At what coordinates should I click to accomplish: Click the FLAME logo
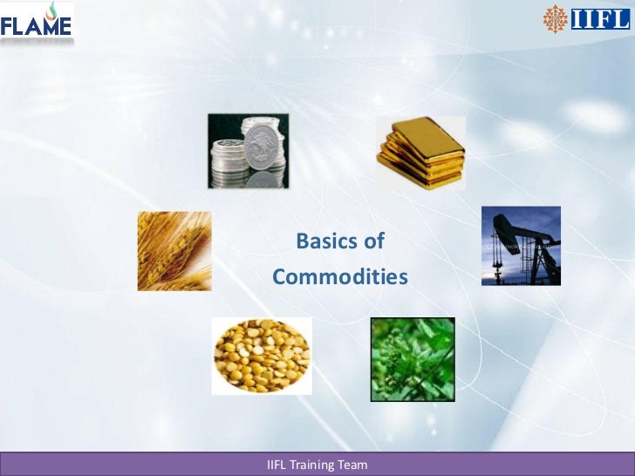37,24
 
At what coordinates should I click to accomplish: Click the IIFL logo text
600,18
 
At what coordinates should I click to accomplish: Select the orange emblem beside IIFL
556,18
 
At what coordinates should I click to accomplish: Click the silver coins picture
248,151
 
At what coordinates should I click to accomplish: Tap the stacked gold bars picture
420,153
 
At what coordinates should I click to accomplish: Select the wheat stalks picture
174,251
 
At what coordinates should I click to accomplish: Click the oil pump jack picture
521,246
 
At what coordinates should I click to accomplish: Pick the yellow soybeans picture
262,356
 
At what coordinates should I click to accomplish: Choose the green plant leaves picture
413,358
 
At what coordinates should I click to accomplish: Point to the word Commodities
340,277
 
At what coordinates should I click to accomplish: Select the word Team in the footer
355,465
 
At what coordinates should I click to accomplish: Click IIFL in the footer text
278,465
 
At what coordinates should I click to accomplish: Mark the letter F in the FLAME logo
8,28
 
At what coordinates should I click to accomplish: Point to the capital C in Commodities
279,277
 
